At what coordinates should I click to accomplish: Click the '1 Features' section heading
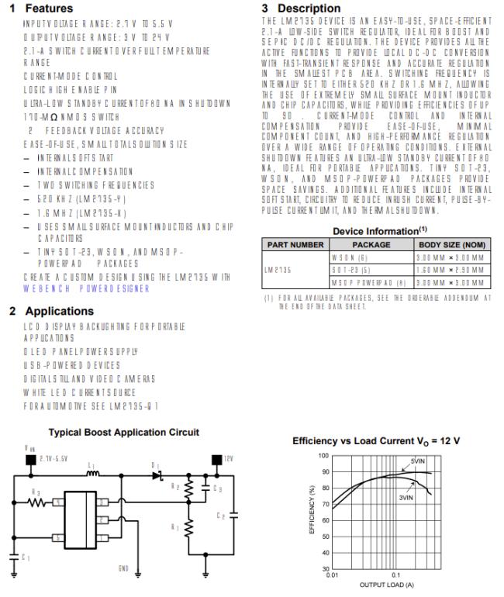(x=41, y=8)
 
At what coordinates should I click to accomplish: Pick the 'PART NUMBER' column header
(x=295, y=244)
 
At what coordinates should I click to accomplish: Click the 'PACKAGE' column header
(x=371, y=244)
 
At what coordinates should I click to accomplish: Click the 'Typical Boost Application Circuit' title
(x=124, y=432)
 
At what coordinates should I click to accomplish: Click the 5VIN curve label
(x=419, y=462)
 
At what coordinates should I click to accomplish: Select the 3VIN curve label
(x=406, y=497)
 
